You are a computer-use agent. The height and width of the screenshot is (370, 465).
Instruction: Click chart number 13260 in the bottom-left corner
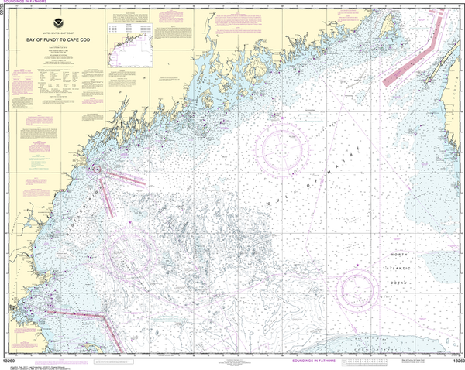click(11, 361)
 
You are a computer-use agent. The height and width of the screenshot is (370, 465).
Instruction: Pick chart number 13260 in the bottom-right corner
click(454, 361)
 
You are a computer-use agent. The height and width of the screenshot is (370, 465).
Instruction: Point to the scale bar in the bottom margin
click(367, 361)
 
